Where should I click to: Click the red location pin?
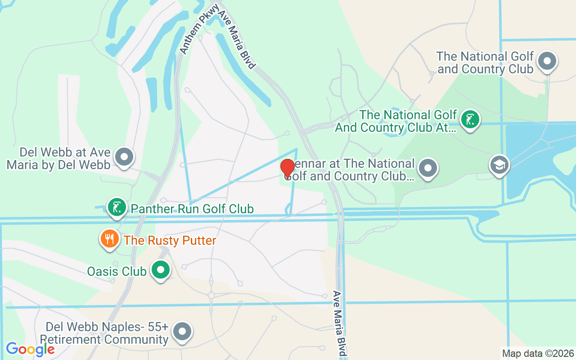(x=288, y=168)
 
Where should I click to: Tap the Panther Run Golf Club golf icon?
(x=117, y=207)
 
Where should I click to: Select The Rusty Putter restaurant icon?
(x=109, y=238)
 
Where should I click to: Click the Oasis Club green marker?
(x=160, y=270)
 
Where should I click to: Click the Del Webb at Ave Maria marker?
(x=124, y=157)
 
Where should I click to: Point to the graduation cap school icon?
(x=499, y=165)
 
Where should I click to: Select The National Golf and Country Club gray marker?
(x=547, y=61)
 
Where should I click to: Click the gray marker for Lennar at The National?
(x=427, y=168)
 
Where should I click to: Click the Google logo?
(x=30, y=349)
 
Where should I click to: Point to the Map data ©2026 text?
(x=538, y=353)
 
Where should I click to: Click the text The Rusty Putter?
(x=170, y=240)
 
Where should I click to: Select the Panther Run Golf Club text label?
(x=192, y=209)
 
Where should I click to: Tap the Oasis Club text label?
(x=117, y=271)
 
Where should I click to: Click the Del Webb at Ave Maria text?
(x=58, y=158)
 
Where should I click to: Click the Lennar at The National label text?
(x=351, y=170)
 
